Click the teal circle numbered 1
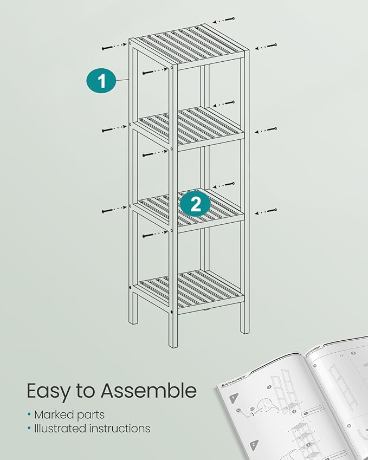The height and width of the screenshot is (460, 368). point(101,81)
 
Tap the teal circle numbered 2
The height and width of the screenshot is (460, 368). point(196,204)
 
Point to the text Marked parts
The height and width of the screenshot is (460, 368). point(69,414)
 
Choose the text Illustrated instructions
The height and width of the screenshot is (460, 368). point(92,428)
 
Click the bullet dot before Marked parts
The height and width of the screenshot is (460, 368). point(29,415)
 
